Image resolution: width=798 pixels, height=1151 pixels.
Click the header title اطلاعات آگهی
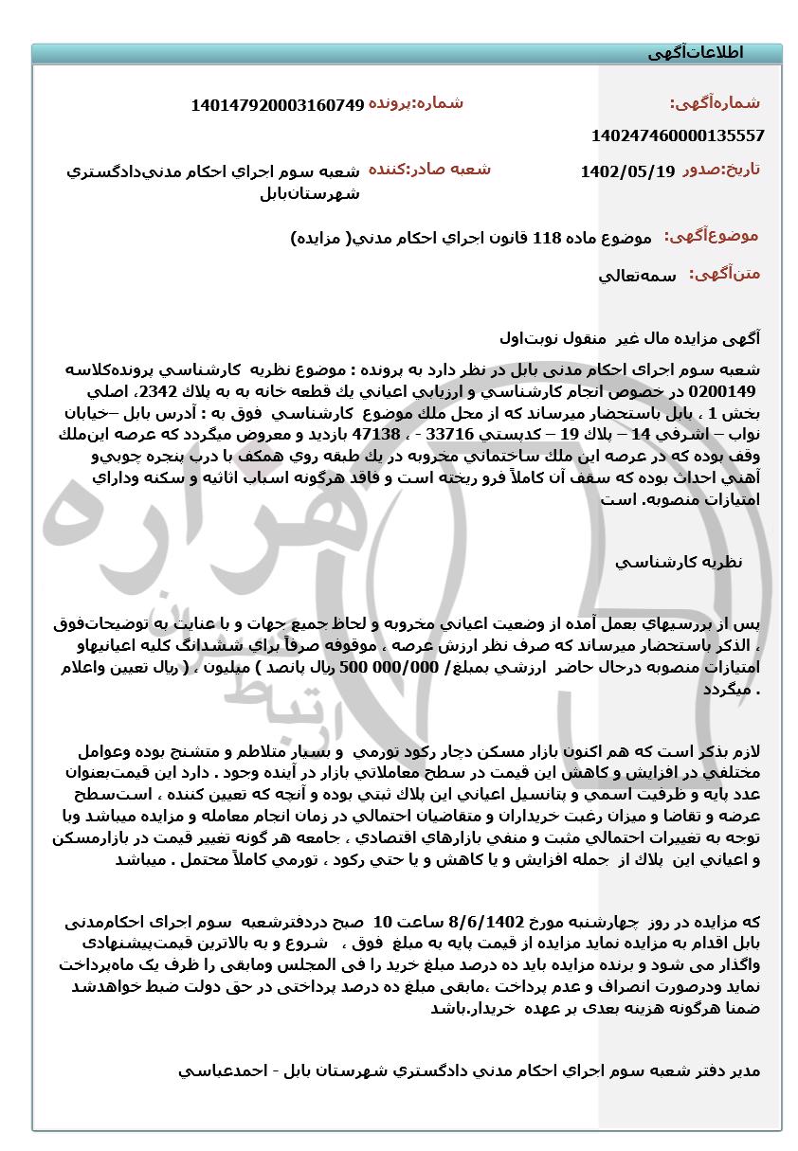(696, 53)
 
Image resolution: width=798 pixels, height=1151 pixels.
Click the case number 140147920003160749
(278, 105)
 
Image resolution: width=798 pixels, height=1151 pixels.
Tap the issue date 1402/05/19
(627, 171)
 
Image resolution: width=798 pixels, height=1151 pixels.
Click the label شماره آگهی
(716, 103)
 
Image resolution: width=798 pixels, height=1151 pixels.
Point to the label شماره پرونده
(416, 103)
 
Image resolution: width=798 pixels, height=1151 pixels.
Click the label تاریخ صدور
(721, 170)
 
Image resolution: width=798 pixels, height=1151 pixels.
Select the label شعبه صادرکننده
(429, 170)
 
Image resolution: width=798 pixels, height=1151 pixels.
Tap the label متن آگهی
(726, 275)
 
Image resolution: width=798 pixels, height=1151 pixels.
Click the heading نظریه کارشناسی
(679, 562)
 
